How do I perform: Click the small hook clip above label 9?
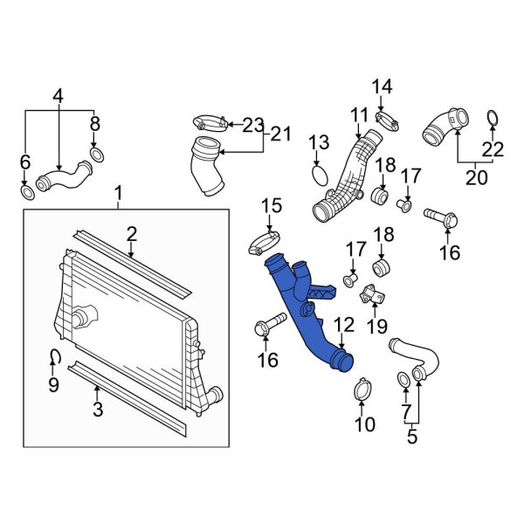[54, 355]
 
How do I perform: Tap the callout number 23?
[252, 125]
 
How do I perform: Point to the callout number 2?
[131, 233]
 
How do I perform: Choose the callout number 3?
[96, 407]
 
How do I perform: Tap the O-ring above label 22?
[493, 120]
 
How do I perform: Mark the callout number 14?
[383, 86]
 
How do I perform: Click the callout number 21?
[279, 134]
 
